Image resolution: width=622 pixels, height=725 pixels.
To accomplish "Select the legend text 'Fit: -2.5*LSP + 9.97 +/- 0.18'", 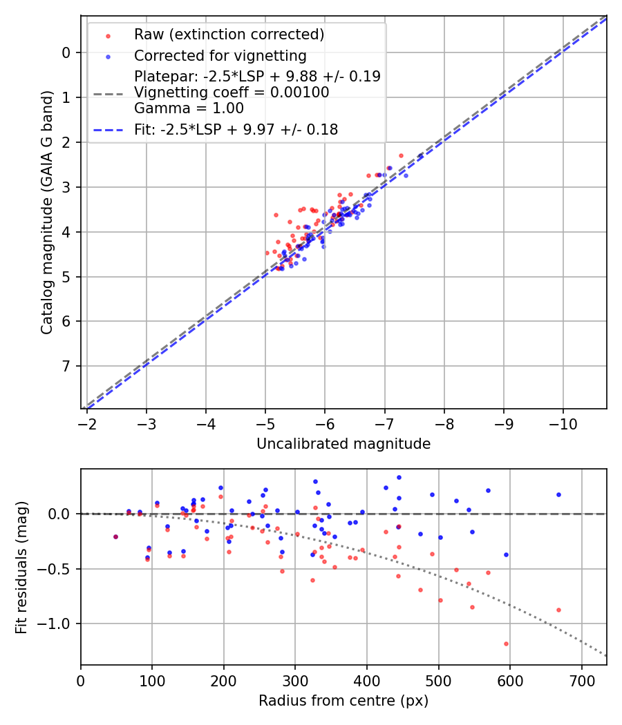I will point(236,130).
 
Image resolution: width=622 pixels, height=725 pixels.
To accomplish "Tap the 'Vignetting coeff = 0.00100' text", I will point(232,93).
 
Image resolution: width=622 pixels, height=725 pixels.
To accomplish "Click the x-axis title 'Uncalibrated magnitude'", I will point(343,444).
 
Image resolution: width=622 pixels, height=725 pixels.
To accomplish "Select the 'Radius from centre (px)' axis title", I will point(343,701).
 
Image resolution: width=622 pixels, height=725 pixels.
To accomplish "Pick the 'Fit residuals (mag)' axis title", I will point(21,567).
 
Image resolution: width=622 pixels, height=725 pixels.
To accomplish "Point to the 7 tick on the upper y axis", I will point(66,366).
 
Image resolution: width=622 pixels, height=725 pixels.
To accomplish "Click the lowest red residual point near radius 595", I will point(506,644).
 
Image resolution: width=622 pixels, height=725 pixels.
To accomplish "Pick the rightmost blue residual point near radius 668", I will point(558,494).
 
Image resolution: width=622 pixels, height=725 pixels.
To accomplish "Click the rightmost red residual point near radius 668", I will point(558,610).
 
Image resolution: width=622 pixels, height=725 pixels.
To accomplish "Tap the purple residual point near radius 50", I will point(115,536).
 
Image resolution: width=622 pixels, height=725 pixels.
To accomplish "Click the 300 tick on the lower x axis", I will point(295,681).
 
